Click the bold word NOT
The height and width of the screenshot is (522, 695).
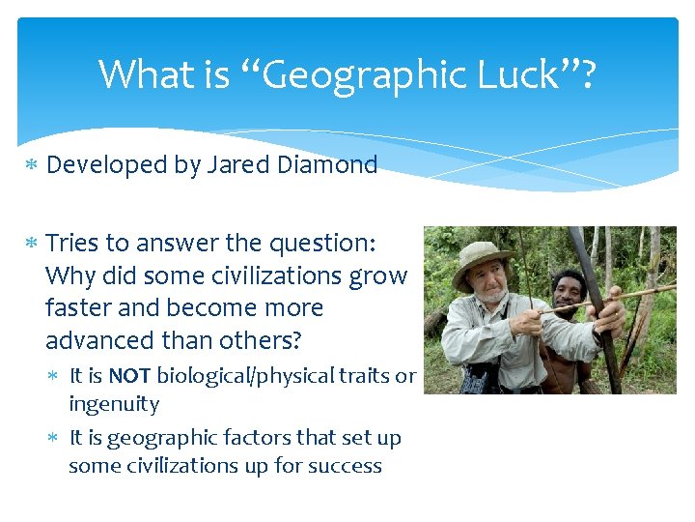pos(129,376)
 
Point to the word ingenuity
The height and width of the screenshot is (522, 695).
pos(114,404)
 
